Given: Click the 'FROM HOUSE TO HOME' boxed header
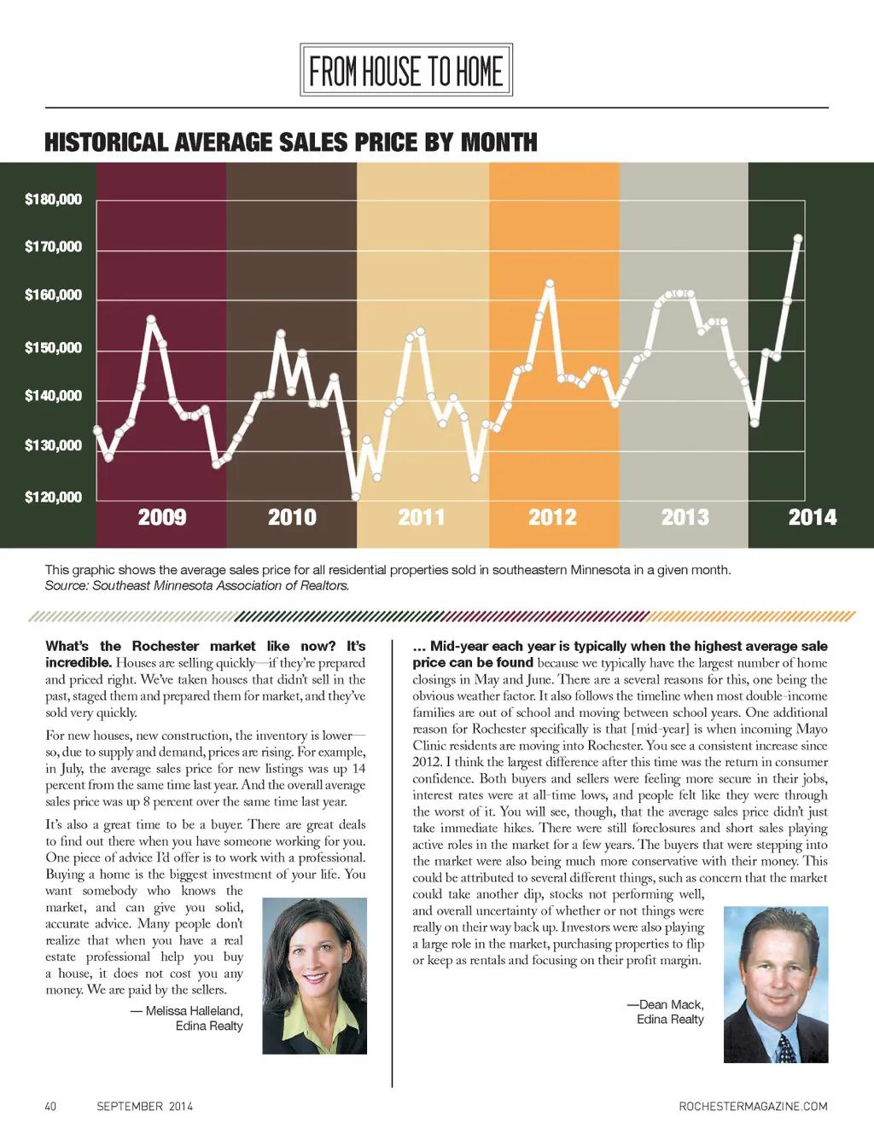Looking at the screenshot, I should [x=405, y=70].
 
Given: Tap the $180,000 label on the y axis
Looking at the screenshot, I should [x=54, y=200].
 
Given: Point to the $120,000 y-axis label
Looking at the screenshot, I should [x=54, y=497].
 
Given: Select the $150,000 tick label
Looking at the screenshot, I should [x=54, y=348].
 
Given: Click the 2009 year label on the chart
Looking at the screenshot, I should [x=162, y=517].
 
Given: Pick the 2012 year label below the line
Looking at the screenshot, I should [x=552, y=517].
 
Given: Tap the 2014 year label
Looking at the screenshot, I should [x=812, y=517].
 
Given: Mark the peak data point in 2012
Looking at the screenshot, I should [x=550, y=283].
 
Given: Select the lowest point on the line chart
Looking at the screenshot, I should [x=356, y=497].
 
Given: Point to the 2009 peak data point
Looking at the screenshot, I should [x=151, y=320].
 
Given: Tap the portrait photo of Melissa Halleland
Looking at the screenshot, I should [x=314, y=975].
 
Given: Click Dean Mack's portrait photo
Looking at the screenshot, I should [x=775, y=984].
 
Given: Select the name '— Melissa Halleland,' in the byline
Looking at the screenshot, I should [x=186, y=1010].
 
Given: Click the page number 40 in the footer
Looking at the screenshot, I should [x=50, y=1107].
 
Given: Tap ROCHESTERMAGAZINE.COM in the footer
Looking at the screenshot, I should [x=753, y=1107].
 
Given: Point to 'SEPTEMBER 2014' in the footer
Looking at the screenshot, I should [x=144, y=1107].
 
